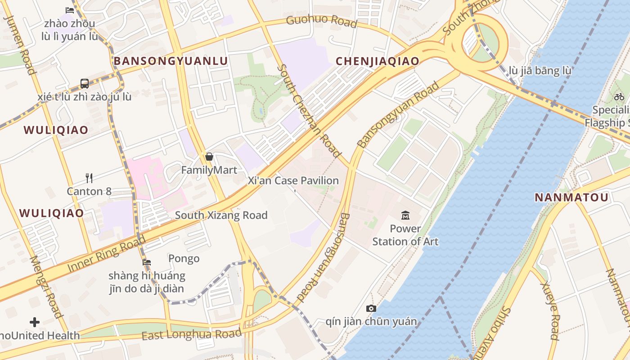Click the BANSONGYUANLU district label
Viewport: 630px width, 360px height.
pos(171,61)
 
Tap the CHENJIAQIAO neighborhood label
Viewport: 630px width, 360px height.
pos(378,61)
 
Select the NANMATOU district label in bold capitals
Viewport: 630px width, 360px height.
pos(571,197)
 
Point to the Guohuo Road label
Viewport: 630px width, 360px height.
pos(321,21)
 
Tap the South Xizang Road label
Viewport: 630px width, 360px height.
pos(221,215)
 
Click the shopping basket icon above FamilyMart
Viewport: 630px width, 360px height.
pos(209,157)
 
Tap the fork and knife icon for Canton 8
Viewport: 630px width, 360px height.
pos(89,178)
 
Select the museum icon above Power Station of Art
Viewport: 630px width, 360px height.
pos(405,215)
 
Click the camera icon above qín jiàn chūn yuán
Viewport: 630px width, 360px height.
pos(371,308)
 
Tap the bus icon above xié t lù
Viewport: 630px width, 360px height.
pos(84,83)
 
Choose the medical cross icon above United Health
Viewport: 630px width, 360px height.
pos(35,322)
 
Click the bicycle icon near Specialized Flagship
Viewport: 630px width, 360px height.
pos(619,96)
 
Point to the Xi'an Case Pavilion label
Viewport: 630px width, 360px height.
pos(293,181)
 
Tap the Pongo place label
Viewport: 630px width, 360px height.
pos(184,258)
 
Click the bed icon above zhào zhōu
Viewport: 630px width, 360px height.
pos(69,10)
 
